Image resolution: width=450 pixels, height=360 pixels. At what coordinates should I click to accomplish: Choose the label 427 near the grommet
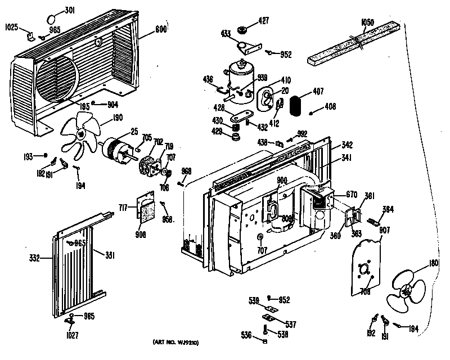click(x=264, y=21)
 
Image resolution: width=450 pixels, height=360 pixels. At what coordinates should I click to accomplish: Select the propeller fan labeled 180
click(x=408, y=288)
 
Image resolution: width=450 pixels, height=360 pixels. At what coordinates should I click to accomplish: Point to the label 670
click(x=352, y=195)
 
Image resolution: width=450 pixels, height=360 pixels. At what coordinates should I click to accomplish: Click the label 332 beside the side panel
click(x=35, y=258)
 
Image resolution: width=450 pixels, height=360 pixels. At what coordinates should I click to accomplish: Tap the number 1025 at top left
click(x=12, y=26)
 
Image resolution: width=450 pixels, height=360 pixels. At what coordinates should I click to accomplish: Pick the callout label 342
click(x=347, y=145)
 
